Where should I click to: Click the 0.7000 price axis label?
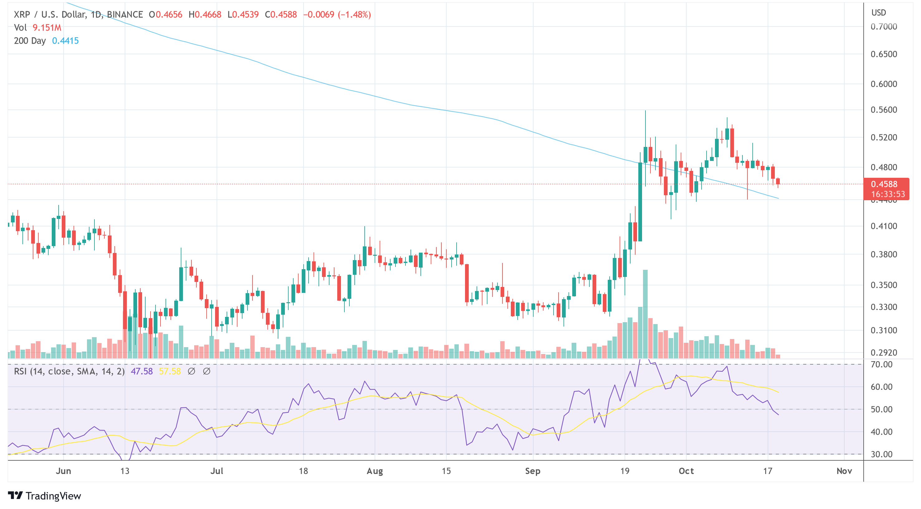884,27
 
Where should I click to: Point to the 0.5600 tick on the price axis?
884,110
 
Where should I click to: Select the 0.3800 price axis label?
884,254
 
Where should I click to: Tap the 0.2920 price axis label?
884,353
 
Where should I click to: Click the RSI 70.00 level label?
881,365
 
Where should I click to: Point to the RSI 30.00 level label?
881,454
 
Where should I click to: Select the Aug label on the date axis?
375,471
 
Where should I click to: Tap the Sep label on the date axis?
532,471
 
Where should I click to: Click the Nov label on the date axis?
844,471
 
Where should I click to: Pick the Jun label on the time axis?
63,471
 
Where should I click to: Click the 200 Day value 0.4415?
65,41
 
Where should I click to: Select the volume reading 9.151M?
47,27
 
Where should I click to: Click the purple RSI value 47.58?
142,371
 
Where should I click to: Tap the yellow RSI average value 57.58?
170,371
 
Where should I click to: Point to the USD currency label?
878,13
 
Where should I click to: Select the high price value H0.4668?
205,15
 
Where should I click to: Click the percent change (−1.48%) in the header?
354,15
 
